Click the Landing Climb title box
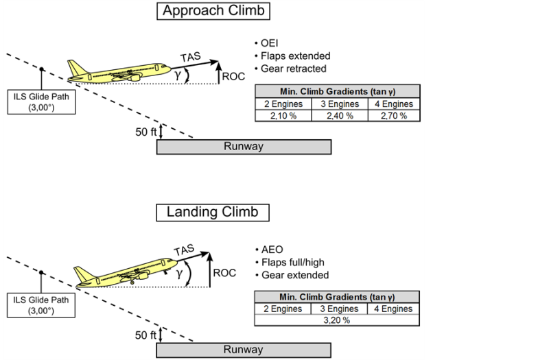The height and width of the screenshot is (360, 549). pyautogui.click(x=213, y=211)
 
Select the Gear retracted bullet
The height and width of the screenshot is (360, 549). pyautogui.click(x=294, y=69)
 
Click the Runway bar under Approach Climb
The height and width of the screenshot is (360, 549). pyautogui.click(x=244, y=147)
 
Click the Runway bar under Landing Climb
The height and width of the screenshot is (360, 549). pyautogui.click(x=244, y=350)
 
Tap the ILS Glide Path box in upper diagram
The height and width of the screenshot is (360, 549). pyautogui.click(x=42, y=101)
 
